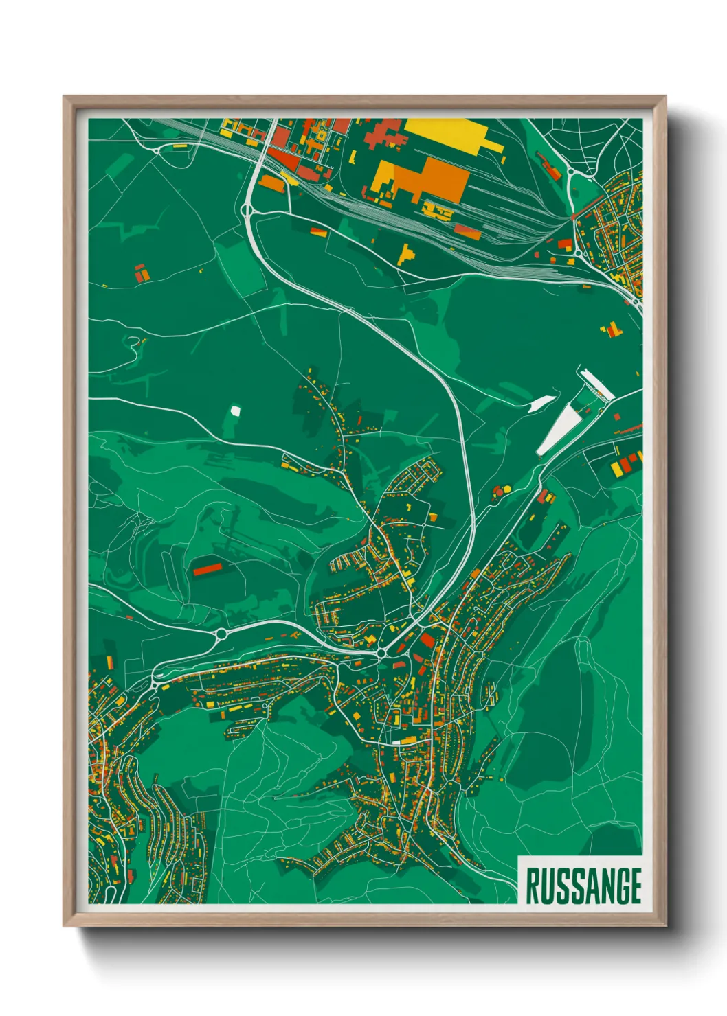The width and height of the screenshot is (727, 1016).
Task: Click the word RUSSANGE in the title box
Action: [583, 886]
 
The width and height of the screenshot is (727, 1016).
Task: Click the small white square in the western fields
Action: [235, 411]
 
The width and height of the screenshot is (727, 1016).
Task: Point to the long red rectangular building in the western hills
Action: [207, 568]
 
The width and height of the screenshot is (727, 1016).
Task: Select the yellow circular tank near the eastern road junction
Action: [507, 489]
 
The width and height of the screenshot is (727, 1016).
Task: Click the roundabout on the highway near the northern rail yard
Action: [247, 209]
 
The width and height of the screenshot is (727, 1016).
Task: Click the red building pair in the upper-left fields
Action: [141, 273]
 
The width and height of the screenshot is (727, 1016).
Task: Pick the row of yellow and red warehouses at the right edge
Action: [625, 463]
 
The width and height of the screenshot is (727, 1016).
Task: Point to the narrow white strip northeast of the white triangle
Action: [595, 385]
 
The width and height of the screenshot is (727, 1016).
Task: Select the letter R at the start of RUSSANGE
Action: [533, 886]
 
